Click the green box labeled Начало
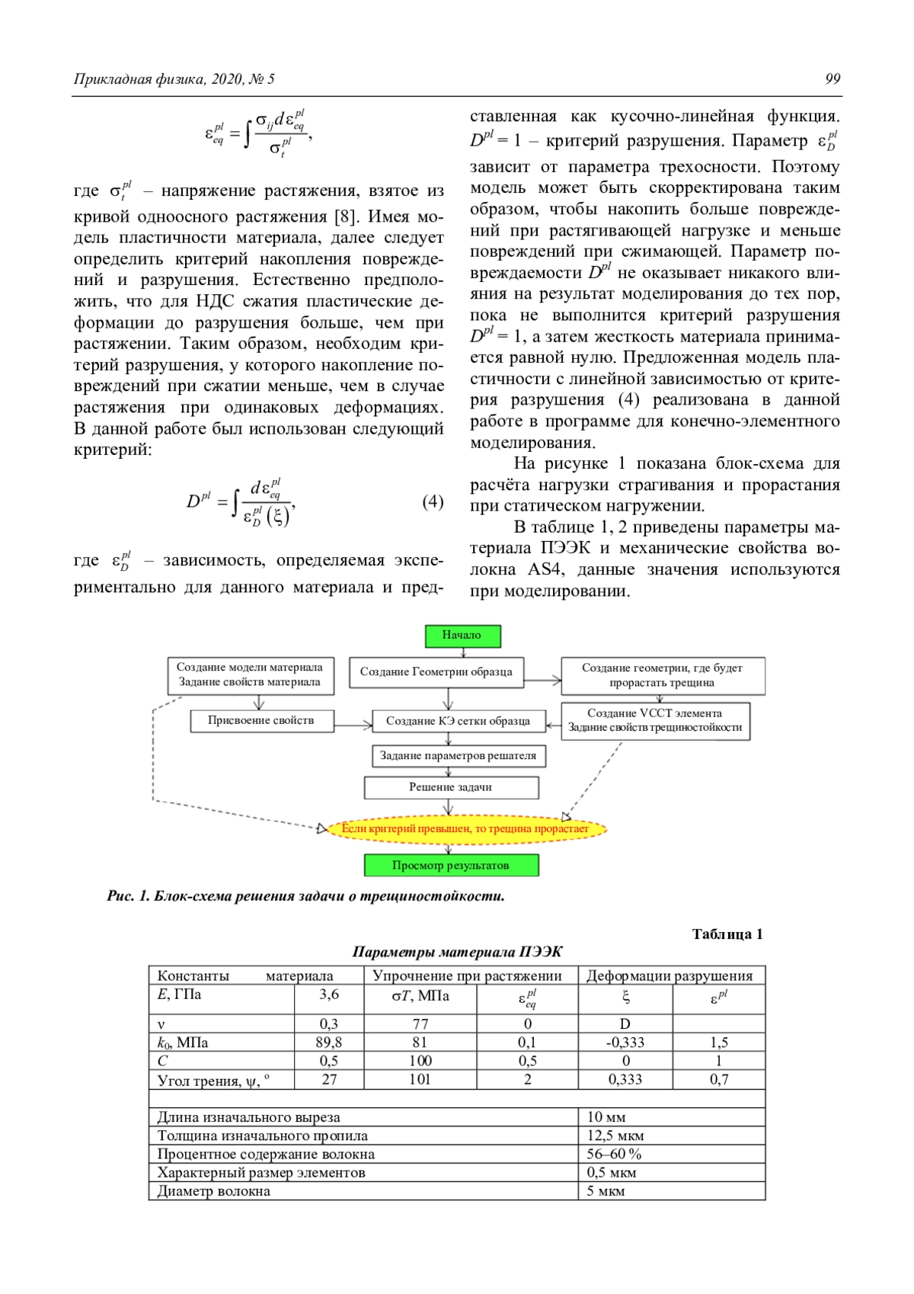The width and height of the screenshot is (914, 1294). pyautogui.click(x=462, y=635)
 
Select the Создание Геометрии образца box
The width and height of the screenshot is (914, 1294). pyautogui.click(x=436, y=672)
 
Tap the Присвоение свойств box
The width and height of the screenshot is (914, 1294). pyautogui.click(x=261, y=720)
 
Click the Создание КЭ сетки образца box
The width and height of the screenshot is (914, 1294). pyautogui.click(x=459, y=721)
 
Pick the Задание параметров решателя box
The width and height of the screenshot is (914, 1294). pyautogui.click(x=459, y=756)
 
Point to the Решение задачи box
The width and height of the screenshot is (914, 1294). pyautogui.click(x=451, y=787)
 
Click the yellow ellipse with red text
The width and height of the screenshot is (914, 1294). pyautogui.click(x=465, y=828)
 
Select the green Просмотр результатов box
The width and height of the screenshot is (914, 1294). pyautogui.click(x=451, y=866)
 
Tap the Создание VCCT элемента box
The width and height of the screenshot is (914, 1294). pyautogui.click(x=655, y=720)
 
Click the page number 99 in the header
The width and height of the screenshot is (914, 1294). pyautogui.click(x=833, y=79)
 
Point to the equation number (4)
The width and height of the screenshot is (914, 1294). pyautogui.click(x=433, y=501)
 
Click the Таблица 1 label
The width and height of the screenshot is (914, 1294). pyautogui.click(x=727, y=934)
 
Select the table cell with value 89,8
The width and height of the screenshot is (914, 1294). pyautogui.click(x=329, y=1043)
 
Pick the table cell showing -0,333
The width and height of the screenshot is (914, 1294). pyautogui.click(x=625, y=1043)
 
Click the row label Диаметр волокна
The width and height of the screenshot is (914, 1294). pyautogui.click(x=214, y=1191)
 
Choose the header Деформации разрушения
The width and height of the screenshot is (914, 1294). pyautogui.click(x=670, y=975)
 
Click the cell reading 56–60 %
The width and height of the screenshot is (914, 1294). pyautogui.click(x=614, y=1154)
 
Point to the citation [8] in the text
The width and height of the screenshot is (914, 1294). pyautogui.click(x=347, y=216)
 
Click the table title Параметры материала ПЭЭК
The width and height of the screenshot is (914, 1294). pyautogui.click(x=457, y=952)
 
